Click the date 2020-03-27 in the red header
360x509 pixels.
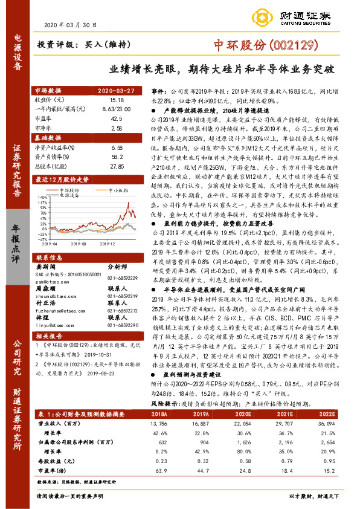coord(117,90)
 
